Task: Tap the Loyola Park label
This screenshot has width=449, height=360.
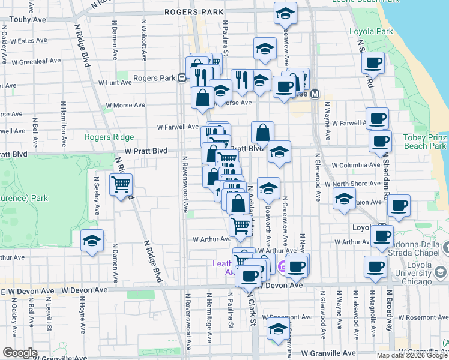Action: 372,31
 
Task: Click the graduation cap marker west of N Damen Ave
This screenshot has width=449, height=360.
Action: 91,241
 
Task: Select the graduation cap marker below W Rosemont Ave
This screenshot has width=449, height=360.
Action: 277,329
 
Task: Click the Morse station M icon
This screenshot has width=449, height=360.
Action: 314,94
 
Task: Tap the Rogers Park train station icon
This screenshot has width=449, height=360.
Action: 181,78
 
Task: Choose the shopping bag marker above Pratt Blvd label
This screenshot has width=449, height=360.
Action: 263,132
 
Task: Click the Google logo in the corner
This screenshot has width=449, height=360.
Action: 20,353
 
